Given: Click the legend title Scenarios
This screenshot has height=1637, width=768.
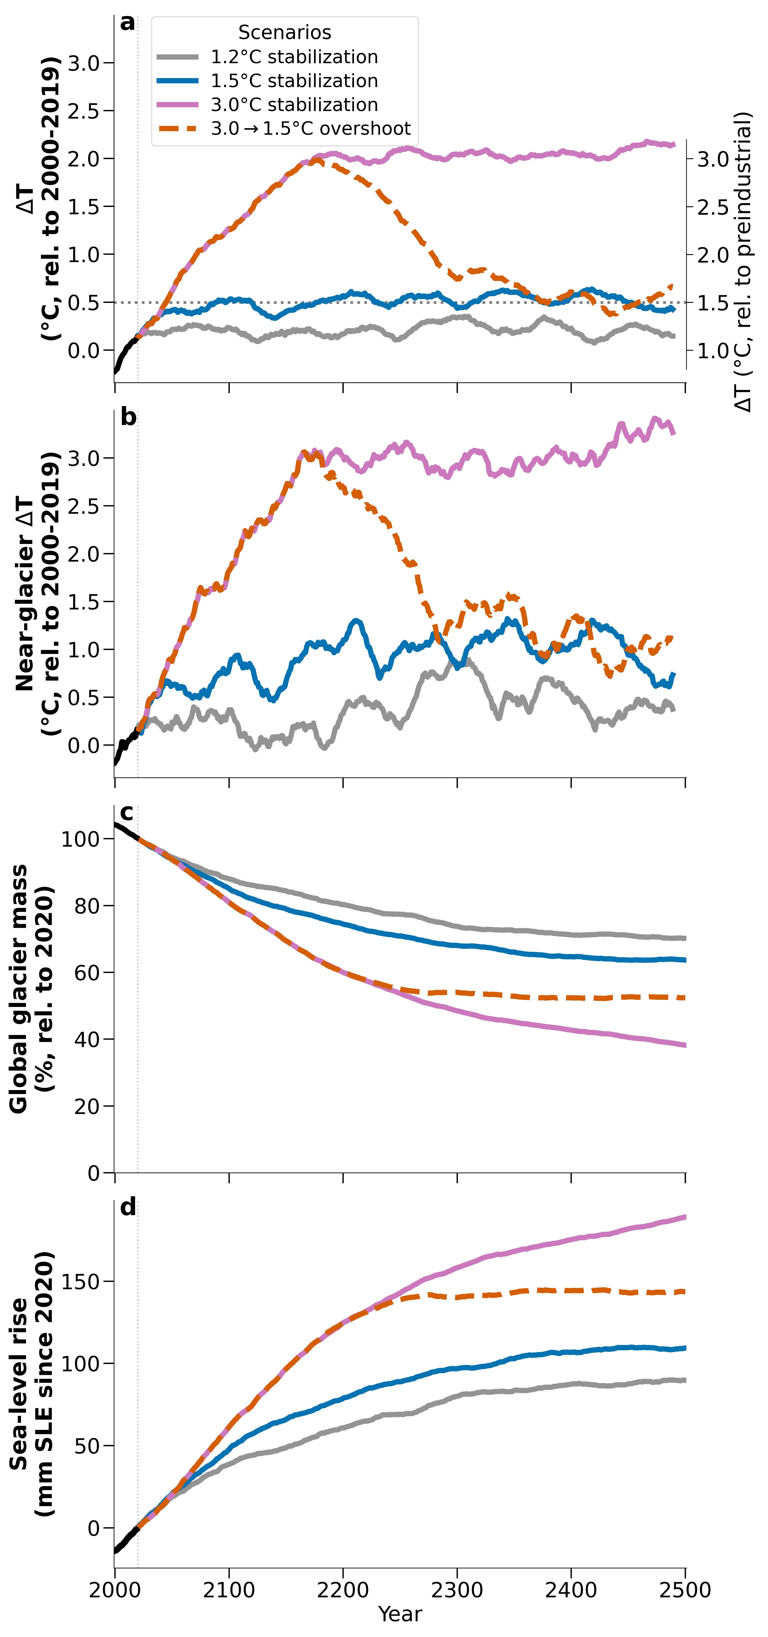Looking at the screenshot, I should tap(285, 32).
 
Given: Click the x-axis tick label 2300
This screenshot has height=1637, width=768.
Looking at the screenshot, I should tap(457, 1590).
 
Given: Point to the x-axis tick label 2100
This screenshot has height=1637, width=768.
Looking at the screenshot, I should tap(229, 1590).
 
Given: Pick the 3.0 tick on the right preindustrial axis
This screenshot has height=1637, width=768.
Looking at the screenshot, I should tap(713, 159).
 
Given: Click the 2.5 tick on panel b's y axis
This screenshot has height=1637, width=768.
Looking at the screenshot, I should tap(83, 506).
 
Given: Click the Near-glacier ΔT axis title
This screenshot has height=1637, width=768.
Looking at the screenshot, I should tap(37, 594).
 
